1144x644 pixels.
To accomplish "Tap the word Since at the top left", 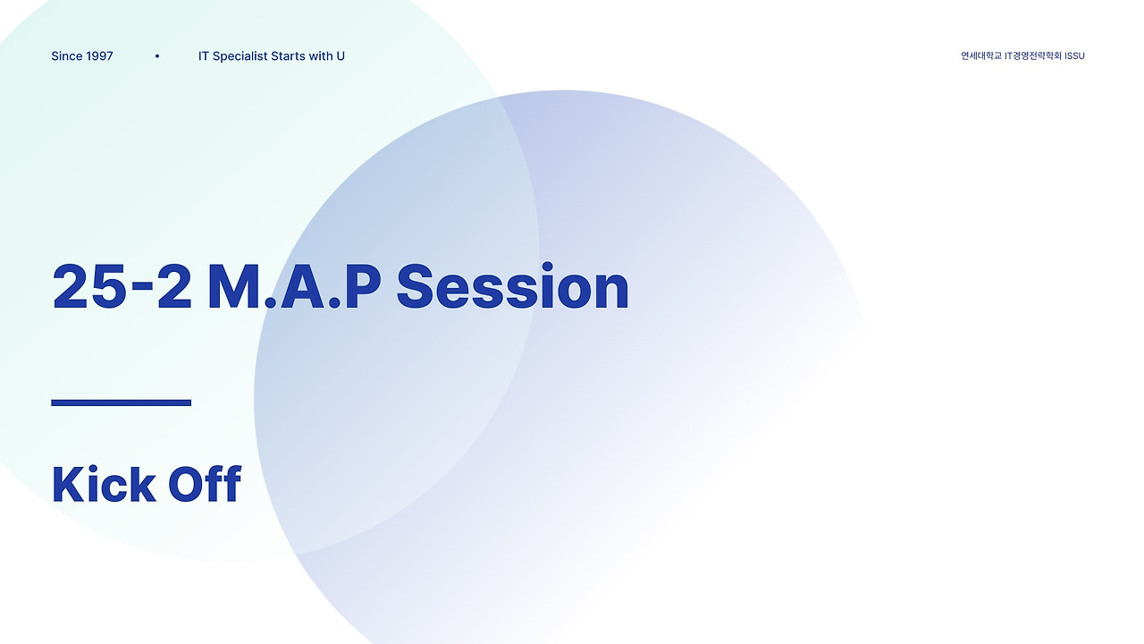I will [x=67, y=56].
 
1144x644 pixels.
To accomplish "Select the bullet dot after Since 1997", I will [x=157, y=56].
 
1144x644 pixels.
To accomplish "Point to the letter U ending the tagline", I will [x=341, y=56].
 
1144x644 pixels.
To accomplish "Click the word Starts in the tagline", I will [x=288, y=56].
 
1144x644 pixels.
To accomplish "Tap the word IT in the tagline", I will [x=204, y=56].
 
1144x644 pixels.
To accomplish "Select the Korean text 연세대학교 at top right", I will [x=980, y=56].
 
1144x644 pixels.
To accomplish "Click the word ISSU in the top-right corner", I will [x=1074, y=56].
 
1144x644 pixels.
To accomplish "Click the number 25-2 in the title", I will [x=122, y=288].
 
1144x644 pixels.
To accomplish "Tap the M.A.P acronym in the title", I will [x=294, y=288].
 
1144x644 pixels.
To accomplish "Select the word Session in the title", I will [x=512, y=288].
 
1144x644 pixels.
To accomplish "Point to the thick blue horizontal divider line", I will [x=121, y=402].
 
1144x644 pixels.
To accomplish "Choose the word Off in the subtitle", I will [x=205, y=484].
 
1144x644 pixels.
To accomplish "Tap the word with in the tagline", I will [x=320, y=56].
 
